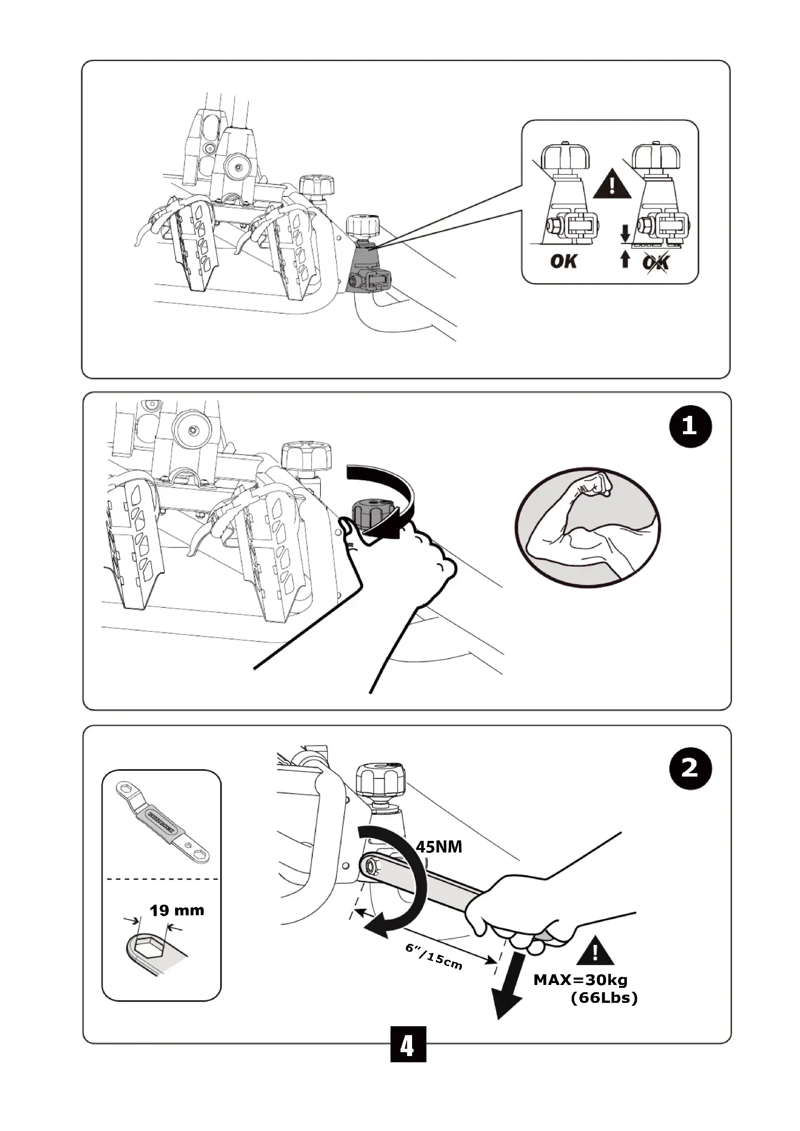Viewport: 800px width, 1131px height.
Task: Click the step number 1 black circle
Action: pos(690,426)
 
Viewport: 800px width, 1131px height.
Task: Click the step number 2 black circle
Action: pos(690,768)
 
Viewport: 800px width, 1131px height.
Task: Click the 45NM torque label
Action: pos(439,847)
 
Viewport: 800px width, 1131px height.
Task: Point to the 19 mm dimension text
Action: pos(177,910)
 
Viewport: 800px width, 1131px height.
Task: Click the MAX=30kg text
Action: pos(580,980)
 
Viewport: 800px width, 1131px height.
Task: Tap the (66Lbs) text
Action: pos(604,999)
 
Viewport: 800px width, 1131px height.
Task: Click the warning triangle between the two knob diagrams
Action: pos(612,186)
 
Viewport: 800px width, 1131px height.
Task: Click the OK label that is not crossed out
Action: pos(563,261)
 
